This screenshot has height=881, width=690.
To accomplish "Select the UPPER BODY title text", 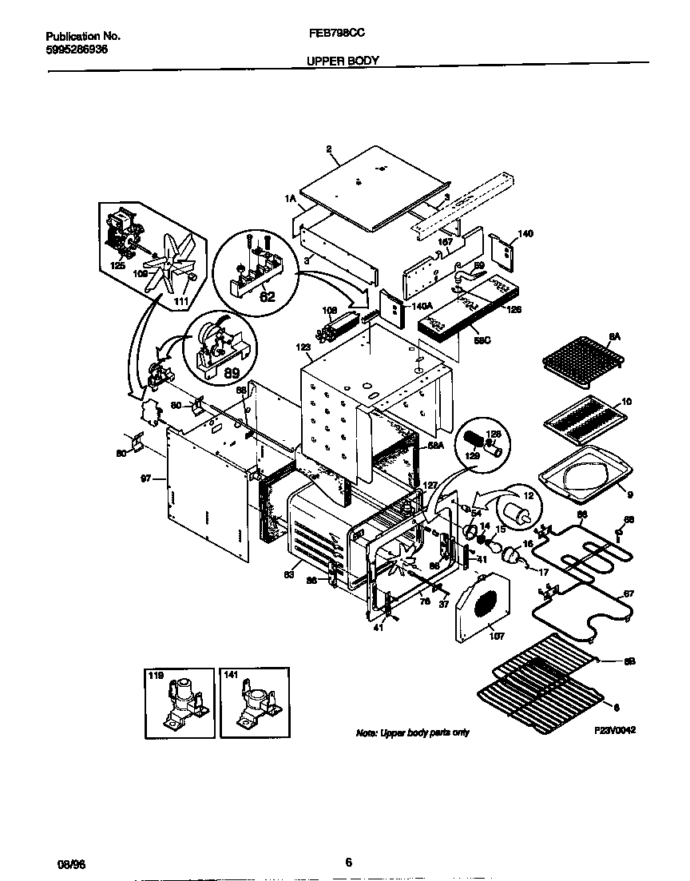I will pos(343,60).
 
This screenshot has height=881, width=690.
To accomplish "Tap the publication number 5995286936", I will pos(77,49).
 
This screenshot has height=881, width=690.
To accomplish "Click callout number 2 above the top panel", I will pos(328,149).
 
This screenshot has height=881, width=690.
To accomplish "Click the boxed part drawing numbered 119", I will pos(179,703).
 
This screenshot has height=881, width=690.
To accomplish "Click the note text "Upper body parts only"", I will pos(412,732).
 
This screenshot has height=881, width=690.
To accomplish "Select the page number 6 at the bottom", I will pos(348,862).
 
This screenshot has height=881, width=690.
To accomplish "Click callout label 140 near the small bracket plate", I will pos(525,234).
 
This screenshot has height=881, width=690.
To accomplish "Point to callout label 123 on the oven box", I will pos(302,347).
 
